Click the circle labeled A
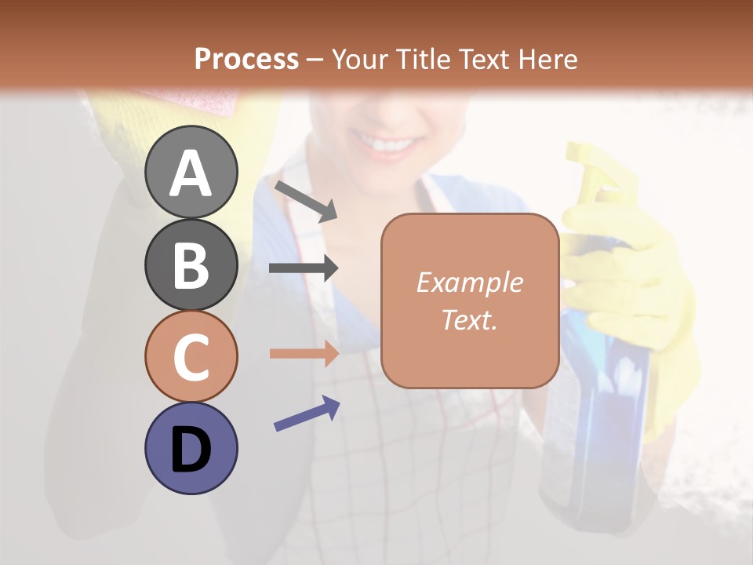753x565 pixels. tap(191, 172)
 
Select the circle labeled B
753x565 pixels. tap(191, 264)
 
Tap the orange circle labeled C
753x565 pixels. tap(191, 356)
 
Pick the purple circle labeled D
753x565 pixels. tap(191, 448)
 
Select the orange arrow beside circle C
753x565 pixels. tap(304, 353)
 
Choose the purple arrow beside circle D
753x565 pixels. tap(307, 414)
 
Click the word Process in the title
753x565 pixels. tap(246, 59)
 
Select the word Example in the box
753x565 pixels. tap(469, 282)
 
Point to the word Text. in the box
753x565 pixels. tap(469, 319)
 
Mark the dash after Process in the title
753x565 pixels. tap(315, 60)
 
